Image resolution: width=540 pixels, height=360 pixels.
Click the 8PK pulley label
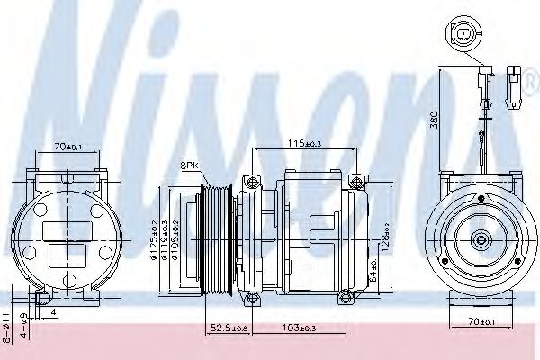tap(190, 166)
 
